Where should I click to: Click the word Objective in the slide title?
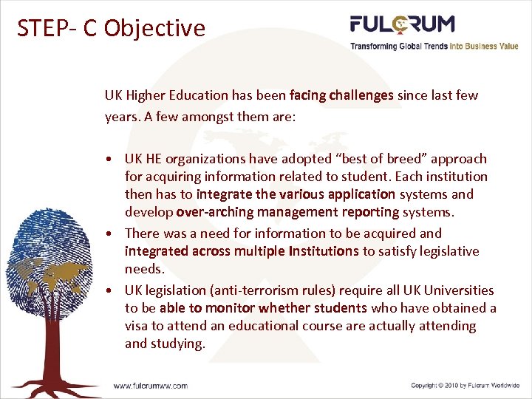(154, 28)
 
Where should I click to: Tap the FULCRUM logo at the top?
(402, 24)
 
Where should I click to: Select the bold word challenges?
(361, 95)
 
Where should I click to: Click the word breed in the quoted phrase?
(404, 159)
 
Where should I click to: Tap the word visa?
(137, 326)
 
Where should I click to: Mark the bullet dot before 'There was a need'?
(109, 234)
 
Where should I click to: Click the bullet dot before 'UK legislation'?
(109, 290)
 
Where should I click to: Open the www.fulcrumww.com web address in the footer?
(150, 386)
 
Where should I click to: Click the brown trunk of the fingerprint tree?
(56, 347)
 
